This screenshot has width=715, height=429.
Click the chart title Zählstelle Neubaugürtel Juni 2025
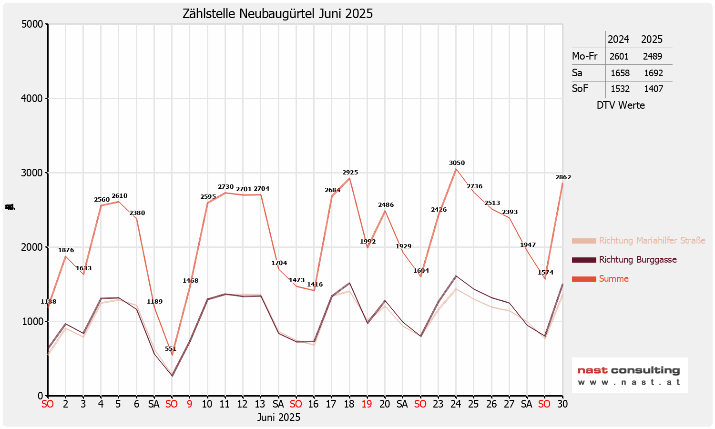277,14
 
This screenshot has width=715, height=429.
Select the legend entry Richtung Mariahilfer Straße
652,241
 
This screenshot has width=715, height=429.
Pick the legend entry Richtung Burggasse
637,260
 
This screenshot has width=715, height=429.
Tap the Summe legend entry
613,279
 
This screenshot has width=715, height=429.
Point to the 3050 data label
457,163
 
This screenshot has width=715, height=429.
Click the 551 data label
171,349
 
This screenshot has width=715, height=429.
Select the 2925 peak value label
350,173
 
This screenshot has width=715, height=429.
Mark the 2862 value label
563,177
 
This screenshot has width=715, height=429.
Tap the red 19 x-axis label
367,404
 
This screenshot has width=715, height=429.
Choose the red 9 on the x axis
189,404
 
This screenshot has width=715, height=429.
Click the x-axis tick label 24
456,404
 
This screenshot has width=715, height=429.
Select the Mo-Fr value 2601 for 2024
619,56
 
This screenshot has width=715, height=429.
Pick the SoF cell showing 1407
653,89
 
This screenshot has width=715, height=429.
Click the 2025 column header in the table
652,39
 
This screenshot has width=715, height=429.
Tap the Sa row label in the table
577,73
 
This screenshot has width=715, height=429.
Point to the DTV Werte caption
621,105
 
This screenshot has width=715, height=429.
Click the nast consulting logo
629,375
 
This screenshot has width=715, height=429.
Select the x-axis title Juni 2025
279,418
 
